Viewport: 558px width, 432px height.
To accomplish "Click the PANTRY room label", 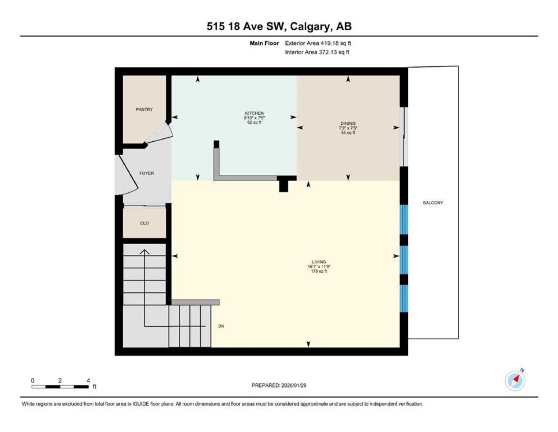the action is click(x=144, y=110).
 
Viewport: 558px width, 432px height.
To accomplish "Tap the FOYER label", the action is click(x=147, y=173).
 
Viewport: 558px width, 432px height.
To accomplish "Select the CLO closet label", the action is click(x=144, y=223).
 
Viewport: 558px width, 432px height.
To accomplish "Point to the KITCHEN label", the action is click(x=254, y=113).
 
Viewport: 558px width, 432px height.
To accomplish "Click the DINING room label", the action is click(x=348, y=123).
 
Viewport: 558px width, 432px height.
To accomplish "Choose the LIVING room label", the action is click(x=319, y=262).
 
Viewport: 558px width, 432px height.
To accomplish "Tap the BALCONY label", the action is click(x=433, y=203).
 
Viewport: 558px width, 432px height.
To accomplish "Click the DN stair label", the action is click(x=221, y=326).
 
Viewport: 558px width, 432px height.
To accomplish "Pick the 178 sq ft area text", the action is click(x=319, y=271).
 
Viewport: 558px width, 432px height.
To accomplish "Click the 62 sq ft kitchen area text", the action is click(x=254, y=122).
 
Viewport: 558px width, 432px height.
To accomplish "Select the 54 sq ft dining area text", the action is click(x=348, y=133).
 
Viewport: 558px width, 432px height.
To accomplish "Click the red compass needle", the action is click(x=516, y=378).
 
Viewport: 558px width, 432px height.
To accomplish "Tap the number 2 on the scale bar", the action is click(x=60, y=381).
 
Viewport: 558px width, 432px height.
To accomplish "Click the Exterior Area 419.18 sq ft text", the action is click(x=318, y=43).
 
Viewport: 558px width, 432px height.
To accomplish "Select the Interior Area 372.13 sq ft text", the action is click(x=317, y=52).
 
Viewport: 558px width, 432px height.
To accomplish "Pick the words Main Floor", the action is click(x=264, y=43).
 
